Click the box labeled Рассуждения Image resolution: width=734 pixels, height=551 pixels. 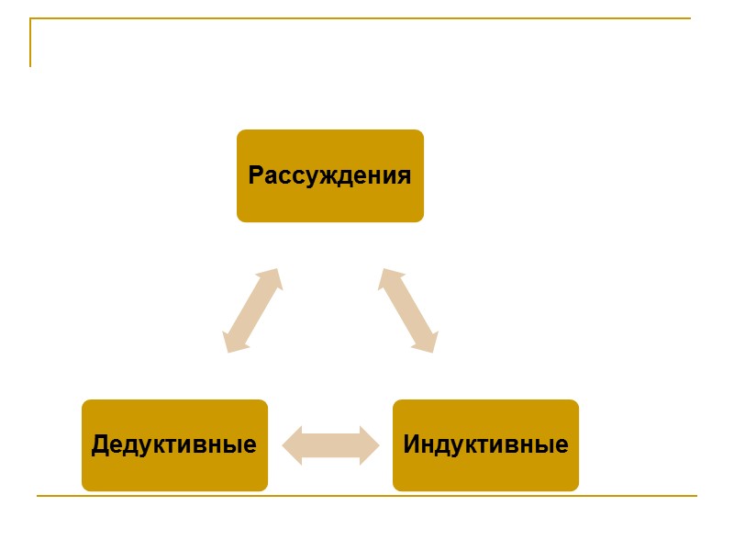330,175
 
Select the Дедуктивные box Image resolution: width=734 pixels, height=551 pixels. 174,445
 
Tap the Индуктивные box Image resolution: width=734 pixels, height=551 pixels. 485,445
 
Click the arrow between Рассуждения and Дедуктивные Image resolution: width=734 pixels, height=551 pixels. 252,310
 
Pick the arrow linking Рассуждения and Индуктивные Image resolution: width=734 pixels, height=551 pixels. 407,310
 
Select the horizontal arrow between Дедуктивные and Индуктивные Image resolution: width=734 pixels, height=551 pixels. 330,445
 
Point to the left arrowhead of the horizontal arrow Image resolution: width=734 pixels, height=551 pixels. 292,445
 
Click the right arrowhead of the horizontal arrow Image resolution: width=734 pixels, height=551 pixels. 369,445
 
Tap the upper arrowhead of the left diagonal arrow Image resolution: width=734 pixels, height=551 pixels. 270,278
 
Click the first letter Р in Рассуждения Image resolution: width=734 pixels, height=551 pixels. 256,175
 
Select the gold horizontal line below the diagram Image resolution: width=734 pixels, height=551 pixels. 367,496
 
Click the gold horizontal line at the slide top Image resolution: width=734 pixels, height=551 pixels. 367,18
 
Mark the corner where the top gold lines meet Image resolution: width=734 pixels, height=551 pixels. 30,18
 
